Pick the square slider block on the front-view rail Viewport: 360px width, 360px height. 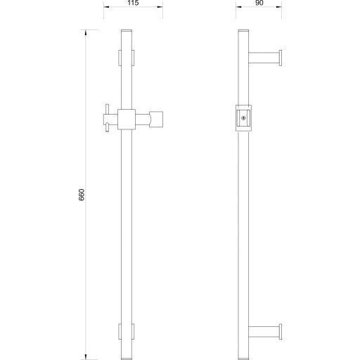(x=127, y=119)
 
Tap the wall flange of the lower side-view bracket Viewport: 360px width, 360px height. (x=282, y=332)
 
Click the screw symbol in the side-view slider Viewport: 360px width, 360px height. (x=243, y=118)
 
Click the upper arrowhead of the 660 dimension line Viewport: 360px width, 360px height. (x=87, y=32)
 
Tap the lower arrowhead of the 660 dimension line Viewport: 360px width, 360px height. (x=87, y=355)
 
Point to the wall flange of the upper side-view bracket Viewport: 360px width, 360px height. (x=282, y=58)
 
